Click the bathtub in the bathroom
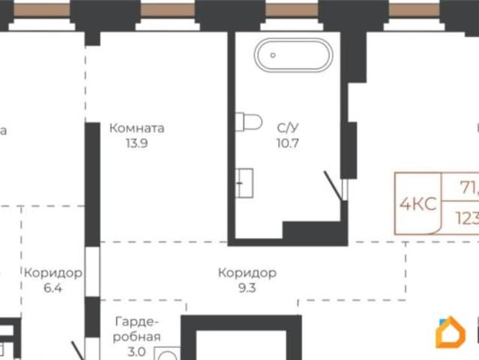[292, 55]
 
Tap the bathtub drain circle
[273, 55]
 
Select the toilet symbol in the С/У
[247, 121]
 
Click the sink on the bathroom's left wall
[244, 182]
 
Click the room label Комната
[137, 128]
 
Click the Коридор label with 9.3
[247, 272]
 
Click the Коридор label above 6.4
[52, 272]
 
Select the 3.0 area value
[136, 351]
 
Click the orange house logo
[450, 334]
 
